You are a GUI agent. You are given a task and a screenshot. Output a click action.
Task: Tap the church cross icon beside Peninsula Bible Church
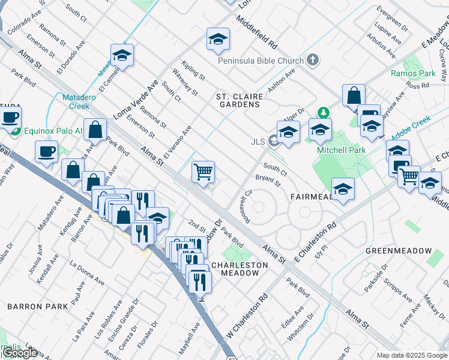(x=312, y=60)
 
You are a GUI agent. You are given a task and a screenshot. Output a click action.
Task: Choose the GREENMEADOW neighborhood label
(x=399, y=250)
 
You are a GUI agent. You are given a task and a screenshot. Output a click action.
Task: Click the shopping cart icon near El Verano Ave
(x=203, y=172)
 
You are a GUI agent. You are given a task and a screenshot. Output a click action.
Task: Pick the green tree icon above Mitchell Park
(x=324, y=112)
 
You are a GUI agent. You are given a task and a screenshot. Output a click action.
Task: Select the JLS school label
(x=258, y=142)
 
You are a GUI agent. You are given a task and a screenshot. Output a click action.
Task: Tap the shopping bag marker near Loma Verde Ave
(x=95, y=129)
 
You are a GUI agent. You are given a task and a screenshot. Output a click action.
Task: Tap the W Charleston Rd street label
(x=246, y=316)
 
